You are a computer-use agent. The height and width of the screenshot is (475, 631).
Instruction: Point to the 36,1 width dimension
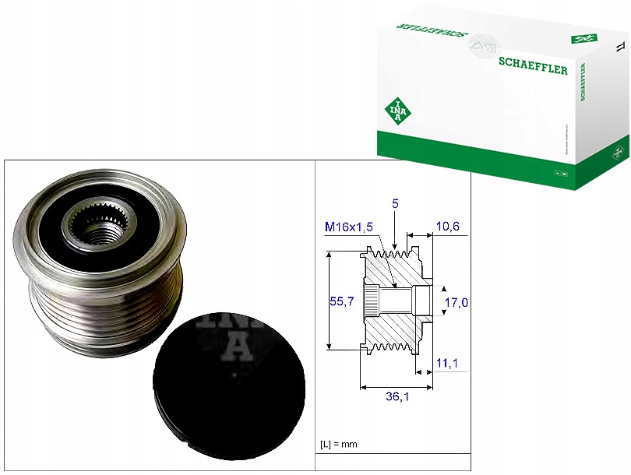click(x=398, y=397)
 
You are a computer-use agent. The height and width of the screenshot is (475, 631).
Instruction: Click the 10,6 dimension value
click(x=448, y=226)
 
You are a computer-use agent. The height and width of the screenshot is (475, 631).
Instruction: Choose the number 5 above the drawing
click(x=396, y=203)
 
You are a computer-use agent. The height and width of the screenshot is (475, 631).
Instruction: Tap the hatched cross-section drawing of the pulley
click(x=393, y=299)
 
